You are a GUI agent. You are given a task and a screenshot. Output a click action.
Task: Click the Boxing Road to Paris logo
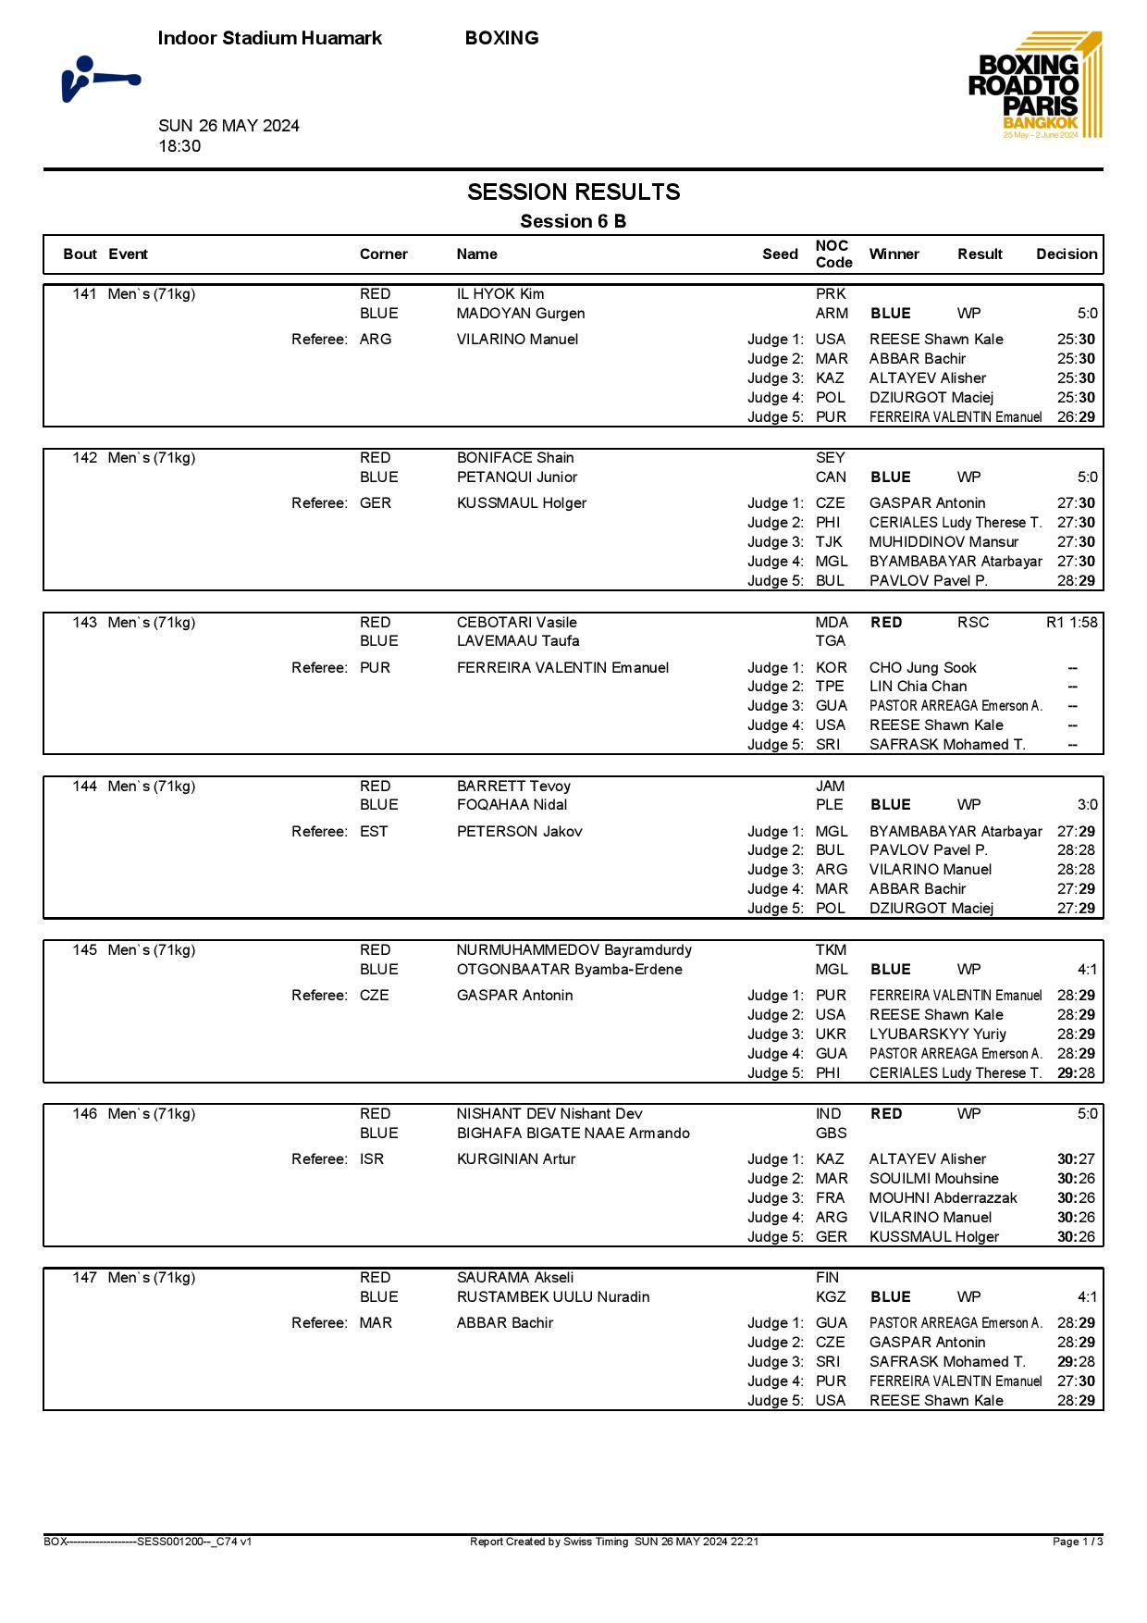click(x=1035, y=85)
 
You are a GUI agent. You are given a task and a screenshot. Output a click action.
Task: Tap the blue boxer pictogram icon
click(x=100, y=79)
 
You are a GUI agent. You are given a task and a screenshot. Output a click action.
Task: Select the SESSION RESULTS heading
click(x=573, y=192)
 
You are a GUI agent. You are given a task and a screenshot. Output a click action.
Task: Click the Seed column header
click(x=780, y=254)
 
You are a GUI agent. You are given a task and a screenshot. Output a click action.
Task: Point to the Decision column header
click(x=1067, y=254)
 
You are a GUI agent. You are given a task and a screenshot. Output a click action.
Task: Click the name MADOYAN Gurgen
click(x=521, y=314)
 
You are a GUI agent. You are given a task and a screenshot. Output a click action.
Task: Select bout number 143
click(x=85, y=623)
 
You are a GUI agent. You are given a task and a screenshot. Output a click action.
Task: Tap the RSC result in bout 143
click(x=973, y=623)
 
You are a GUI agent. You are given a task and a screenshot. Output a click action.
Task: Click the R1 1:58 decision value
click(x=1071, y=623)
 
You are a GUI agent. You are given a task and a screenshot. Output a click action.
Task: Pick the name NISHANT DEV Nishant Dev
click(x=549, y=1114)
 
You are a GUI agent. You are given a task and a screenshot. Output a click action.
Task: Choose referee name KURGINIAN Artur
click(x=516, y=1159)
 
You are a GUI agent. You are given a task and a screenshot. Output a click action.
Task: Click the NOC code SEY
click(x=830, y=458)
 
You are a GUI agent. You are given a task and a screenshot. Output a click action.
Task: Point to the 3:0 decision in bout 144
click(x=1087, y=805)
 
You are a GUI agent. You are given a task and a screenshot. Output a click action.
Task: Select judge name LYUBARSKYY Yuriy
click(x=938, y=1035)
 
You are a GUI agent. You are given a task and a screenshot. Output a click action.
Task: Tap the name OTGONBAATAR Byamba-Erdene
click(x=570, y=970)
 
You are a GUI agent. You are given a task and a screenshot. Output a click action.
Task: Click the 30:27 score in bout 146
click(x=1076, y=1159)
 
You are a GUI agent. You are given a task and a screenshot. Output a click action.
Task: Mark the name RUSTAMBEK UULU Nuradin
click(x=553, y=1297)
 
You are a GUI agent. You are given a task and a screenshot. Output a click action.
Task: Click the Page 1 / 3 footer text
click(x=1078, y=1542)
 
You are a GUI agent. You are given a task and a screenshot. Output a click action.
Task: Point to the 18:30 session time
click(x=179, y=146)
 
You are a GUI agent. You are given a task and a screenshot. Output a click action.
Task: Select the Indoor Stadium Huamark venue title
click(x=270, y=38)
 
